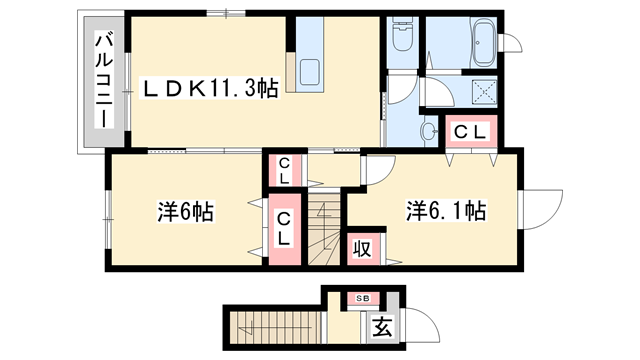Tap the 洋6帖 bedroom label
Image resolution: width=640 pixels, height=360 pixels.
click(x=186, y=213)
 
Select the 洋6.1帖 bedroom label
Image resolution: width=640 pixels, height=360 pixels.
click(x=445, y=212)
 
